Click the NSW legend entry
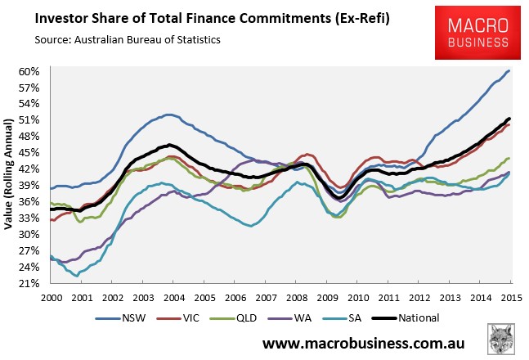(x=120, y=318)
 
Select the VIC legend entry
(x=178, y=318)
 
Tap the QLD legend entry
(x=233, y=318)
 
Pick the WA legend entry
(x=289, y=318)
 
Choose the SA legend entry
(x=342, y=318)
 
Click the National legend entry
(x=406, y=318)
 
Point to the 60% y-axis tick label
(x=29, y=72)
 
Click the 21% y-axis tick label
(x=29, y=283)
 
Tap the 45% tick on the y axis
(x=29, y=153)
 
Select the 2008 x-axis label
(x=297, y=298)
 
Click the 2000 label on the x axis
(x=52, y=298)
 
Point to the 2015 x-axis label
(x=512, y=298)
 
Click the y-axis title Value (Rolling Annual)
(x=8, y=174)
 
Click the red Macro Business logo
(x=477, y=33)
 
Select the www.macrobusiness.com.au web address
(x=363, y=344)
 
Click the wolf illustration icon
(x=501, y=339)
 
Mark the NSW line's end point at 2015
(x=509, y=71)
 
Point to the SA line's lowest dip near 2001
(x=77, y=276)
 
